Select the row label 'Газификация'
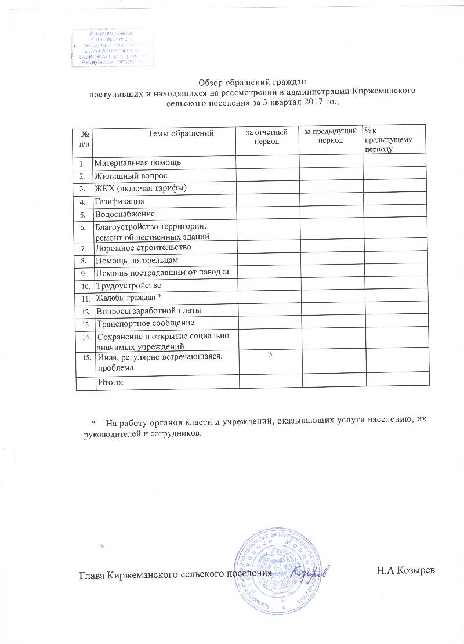tap(119, 201)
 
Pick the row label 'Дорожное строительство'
tap(143, 248)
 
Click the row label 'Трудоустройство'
tap(129, 286)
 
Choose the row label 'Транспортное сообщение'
tap(145, 323)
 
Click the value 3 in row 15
tap(269, 354)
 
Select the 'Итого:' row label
tap(111, 382)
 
